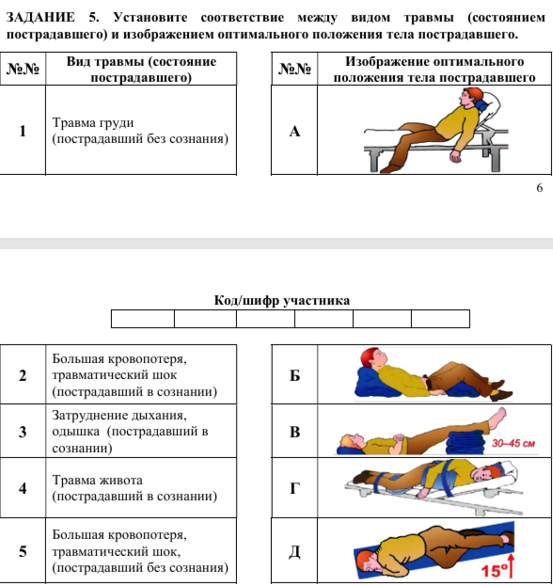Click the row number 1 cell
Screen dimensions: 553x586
tap(23, 130)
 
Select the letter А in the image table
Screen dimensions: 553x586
tap(294, 131)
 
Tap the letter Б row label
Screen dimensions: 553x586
tap(294, 375)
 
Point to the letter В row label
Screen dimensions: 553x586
tap(294, 432)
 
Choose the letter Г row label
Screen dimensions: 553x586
tap(294, 488)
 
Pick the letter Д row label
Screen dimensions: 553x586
tap(294, 551)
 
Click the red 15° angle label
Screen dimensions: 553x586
tap(495, 571)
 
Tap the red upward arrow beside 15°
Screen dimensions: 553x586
tap(512, 566)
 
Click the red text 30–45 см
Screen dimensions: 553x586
tap(513, 444)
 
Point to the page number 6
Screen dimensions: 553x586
tap(539, 187)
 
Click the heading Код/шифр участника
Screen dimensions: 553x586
tap(282, 300)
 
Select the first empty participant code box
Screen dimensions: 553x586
tap(143, 319)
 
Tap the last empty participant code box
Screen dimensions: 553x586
tap(440, 319)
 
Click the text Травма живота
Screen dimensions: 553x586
tap(97, 480)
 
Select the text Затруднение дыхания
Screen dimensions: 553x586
tap(119, 415)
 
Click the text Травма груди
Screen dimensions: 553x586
tap(93, 122)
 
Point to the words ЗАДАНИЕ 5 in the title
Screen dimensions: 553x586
tap(53, 17)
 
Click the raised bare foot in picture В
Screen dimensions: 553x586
tap(498, 417)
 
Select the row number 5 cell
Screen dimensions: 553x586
tap(23, 551)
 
